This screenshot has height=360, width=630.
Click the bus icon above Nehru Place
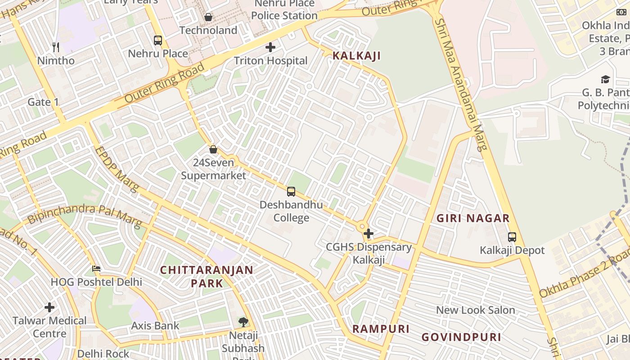[x=157, y=40]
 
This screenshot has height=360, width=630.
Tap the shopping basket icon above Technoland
[x=208, y=17]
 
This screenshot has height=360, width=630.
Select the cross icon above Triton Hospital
[x=270, y=47]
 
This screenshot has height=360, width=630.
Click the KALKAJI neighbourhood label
[x=356, y=56]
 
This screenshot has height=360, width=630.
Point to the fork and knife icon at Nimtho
[x=56, y=47]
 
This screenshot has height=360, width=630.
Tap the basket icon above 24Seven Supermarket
[x=213, y=149]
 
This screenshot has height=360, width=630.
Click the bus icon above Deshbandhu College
[x=291, y=192]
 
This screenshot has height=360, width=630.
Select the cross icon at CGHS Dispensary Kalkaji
[x=369, y=234]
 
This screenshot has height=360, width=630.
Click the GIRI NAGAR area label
[x=473, y=219]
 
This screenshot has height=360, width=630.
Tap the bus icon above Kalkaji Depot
[x=512, y=237]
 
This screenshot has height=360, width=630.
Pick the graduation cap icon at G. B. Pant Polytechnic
[x=605, y=80]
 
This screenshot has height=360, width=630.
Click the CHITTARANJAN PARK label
[x=207, y=276]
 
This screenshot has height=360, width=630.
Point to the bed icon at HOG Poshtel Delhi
[x=96, y=269]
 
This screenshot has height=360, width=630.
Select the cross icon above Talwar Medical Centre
[x=49, y=307]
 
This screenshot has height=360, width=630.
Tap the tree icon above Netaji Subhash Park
[x=243, y=322]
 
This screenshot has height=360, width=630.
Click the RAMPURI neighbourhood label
[x=381, y=328]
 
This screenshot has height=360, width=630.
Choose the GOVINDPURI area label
[x=461, y=337]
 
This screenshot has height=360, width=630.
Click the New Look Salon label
[x=476, y=310]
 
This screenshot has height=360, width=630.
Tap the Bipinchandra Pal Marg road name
[x=85, y=215]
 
